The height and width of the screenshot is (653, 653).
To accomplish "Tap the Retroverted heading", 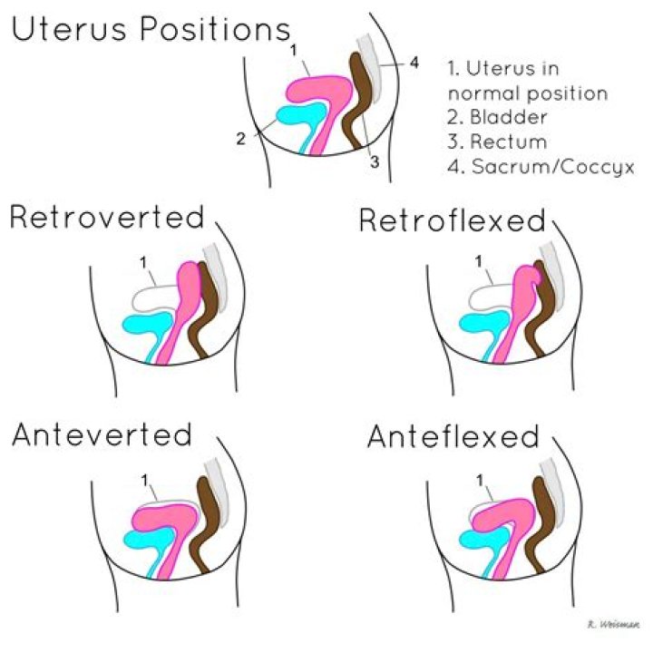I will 107,218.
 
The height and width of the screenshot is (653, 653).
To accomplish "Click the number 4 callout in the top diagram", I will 414,63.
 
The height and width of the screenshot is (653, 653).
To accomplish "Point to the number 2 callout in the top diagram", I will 240,138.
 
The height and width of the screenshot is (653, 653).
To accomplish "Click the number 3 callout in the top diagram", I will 373,161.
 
